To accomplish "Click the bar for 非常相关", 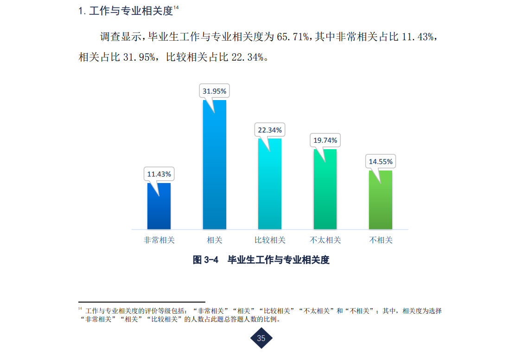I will pyautogui.click(x=159, y=208).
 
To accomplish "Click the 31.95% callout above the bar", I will pyautogui.click(x=214, y=91).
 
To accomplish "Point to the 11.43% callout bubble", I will pyautogui.click(x=159, y=174).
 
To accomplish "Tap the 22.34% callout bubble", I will pyautogui.click(x=270, y=130).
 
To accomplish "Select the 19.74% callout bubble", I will pyautogui.click(x=325, y=140).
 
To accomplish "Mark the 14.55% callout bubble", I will pyautogui.click(x=381, y=162).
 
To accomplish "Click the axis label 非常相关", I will pyautogui.click(x=159, y=240).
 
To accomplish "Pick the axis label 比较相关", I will pyautogui.click(x=270, y=240).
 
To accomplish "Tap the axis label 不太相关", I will pyautogui.click(x=325, y=240).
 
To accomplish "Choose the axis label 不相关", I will pyautogui.click(x=381, y=240).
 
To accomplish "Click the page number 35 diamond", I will pyautogui.click(x=261, y=338).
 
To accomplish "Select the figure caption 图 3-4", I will pyautogui.click(x=205, y=260).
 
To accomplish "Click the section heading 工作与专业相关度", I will pyautogui.click(x=130, y=11).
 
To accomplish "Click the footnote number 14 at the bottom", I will pyautogui.click(x=80, y=309).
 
